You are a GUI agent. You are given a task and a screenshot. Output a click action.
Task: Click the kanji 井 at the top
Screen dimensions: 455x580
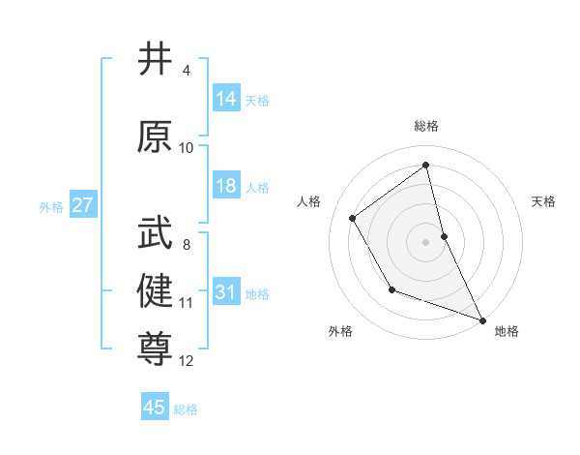(x=155, y=59)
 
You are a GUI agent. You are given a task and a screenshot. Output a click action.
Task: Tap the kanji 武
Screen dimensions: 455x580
(x=155, y=233)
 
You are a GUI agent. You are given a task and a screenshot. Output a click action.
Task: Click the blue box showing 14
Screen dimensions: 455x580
(x=226, y=99)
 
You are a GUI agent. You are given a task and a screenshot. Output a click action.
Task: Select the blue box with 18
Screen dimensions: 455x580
(x=226, y=186)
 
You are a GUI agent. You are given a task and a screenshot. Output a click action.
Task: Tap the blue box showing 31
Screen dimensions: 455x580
(x=226, y=292)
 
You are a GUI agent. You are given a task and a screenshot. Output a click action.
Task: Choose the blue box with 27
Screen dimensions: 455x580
(x=82, y=205)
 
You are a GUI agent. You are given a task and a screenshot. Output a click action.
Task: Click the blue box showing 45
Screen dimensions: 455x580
(x=155, y=408)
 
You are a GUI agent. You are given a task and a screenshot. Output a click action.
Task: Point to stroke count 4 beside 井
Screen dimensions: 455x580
(x=187, y=71)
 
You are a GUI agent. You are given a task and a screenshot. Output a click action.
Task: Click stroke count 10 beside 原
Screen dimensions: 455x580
(x=187, y=148)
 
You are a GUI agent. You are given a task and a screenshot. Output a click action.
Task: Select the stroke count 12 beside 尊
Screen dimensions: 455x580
(x=187, y=361)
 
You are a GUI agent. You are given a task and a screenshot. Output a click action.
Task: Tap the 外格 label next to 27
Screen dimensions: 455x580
(x=51, y=206)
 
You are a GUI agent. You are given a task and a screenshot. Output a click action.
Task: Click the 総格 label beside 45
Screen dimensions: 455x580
(x=186, y=409)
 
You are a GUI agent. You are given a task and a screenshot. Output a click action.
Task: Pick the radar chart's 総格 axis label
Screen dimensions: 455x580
(x=426, y=126)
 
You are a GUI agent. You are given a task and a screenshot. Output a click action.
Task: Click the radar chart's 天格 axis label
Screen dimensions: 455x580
(x=544, y=201)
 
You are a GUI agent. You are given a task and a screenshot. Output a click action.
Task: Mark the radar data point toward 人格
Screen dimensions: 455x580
(x=353, y=218)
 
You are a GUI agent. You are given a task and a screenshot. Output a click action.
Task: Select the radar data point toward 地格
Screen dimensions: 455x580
(x=483, y=320)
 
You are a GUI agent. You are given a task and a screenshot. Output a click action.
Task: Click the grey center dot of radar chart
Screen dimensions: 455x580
(x=426, y=241)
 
